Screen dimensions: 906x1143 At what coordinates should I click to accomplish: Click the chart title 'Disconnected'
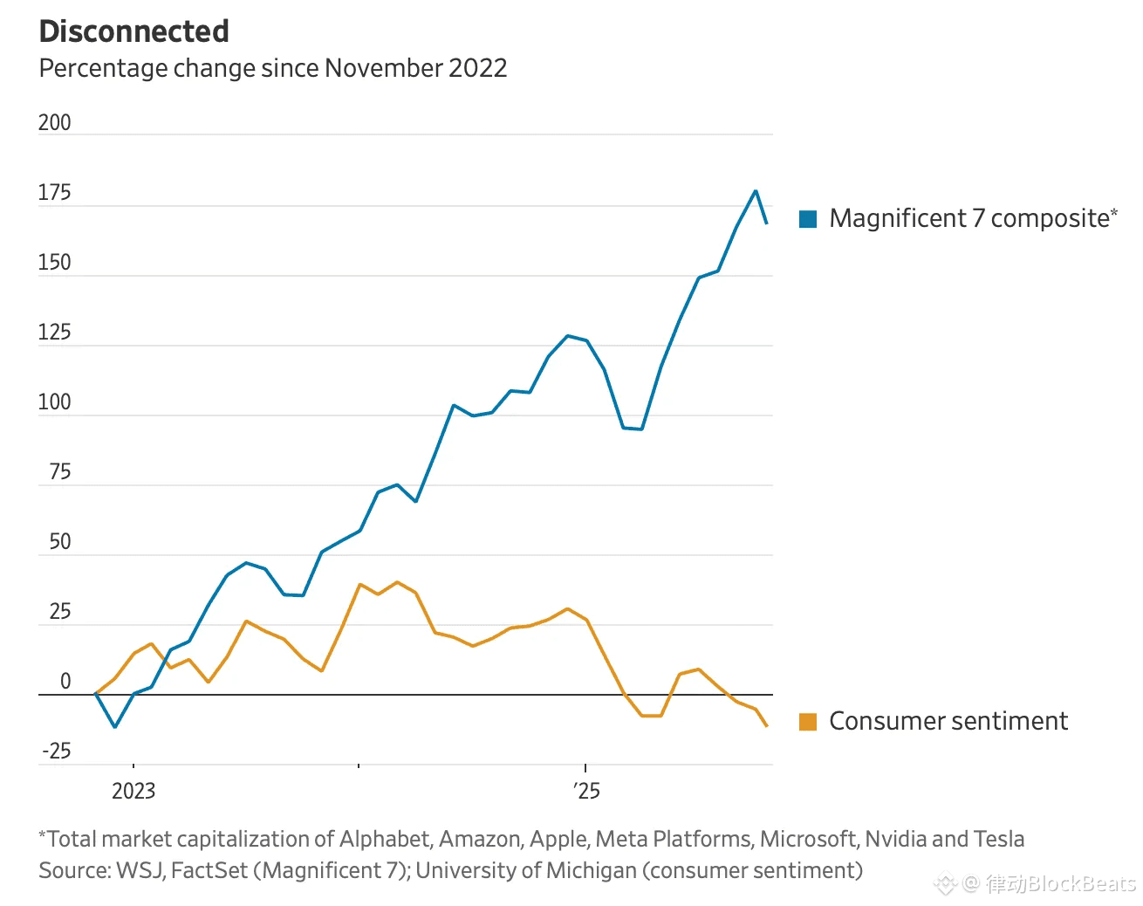pyautogui.click(x=134, y=31)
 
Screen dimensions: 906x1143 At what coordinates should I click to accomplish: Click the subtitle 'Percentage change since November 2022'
pyautogui.click(x=273, y=68)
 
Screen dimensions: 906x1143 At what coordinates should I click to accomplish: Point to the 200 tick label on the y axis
pyautogui.click(x=54, y=123)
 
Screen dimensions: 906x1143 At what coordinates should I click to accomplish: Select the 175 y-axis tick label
pyautogui.click(x=54, y=193)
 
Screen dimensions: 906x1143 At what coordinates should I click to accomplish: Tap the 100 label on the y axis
pyautogui.click(x=54, y=402)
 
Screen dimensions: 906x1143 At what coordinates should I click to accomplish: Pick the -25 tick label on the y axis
pyautogui.click(x=57, y=752)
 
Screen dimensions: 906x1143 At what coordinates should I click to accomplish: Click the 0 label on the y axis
pyautogui.click(x=65, y=682)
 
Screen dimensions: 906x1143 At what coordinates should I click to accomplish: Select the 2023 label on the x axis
pyautogui.click(x=133, y=791)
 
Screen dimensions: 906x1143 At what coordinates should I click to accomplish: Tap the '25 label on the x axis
pyautogui.click(x=587, y=791)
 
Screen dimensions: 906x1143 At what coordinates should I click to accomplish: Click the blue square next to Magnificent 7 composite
pyautogui.click(x=808, y=219)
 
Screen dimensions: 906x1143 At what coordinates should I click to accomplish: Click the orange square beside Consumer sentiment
pyautogui.click(x=808, y=722)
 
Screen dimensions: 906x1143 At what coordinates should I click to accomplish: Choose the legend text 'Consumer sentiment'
pyautogui.click(x=948, y=721)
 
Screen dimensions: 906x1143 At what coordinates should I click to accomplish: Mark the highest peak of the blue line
pyautogui.click(x=756, y=191)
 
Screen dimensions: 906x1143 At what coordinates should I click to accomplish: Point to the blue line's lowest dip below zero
pyautogui.click(x=114, y=726)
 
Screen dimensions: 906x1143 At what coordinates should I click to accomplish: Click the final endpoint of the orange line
pyautogui.click(x=767, y=726)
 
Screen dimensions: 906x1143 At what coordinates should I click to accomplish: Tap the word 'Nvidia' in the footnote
pyautogui.click(x=896, y=839)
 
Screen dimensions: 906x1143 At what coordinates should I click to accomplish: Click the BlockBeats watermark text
pyautogui.click(x=1060, y=884)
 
